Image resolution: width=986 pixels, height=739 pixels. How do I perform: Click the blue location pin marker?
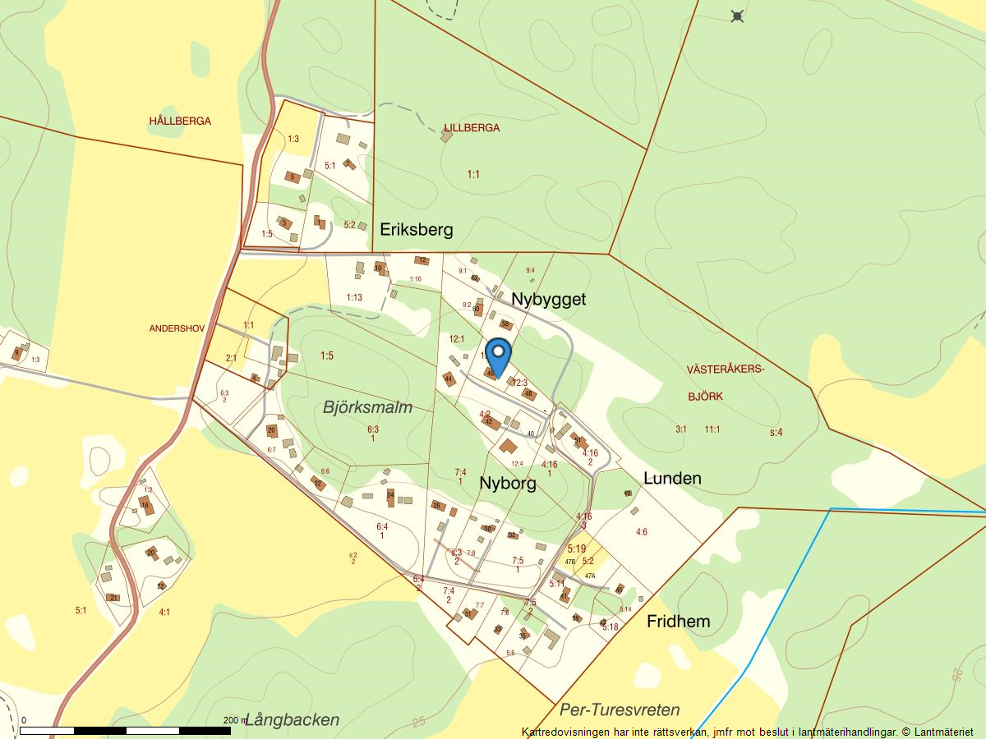498,356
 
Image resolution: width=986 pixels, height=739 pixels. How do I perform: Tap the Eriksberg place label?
416,229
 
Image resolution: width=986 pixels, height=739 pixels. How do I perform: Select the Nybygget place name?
549,299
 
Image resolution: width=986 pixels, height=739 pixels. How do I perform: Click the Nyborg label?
508,483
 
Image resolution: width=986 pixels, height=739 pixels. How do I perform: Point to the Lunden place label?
672,478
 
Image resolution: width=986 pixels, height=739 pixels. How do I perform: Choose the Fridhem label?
678,621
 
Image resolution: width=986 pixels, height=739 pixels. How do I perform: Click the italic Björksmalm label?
367,407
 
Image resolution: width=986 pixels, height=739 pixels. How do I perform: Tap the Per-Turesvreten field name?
620,710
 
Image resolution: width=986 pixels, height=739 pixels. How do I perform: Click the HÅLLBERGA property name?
180,122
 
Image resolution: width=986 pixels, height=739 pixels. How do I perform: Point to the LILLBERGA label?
472,128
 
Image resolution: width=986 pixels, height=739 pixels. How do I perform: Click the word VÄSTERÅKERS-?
726,370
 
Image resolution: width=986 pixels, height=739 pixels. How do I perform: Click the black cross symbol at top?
737,16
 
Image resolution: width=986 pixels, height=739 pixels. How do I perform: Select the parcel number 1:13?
354,297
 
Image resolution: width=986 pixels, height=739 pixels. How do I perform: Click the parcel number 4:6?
642,532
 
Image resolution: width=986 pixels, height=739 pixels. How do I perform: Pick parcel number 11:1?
712,429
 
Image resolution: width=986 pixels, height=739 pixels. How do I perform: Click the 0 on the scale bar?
23,720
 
